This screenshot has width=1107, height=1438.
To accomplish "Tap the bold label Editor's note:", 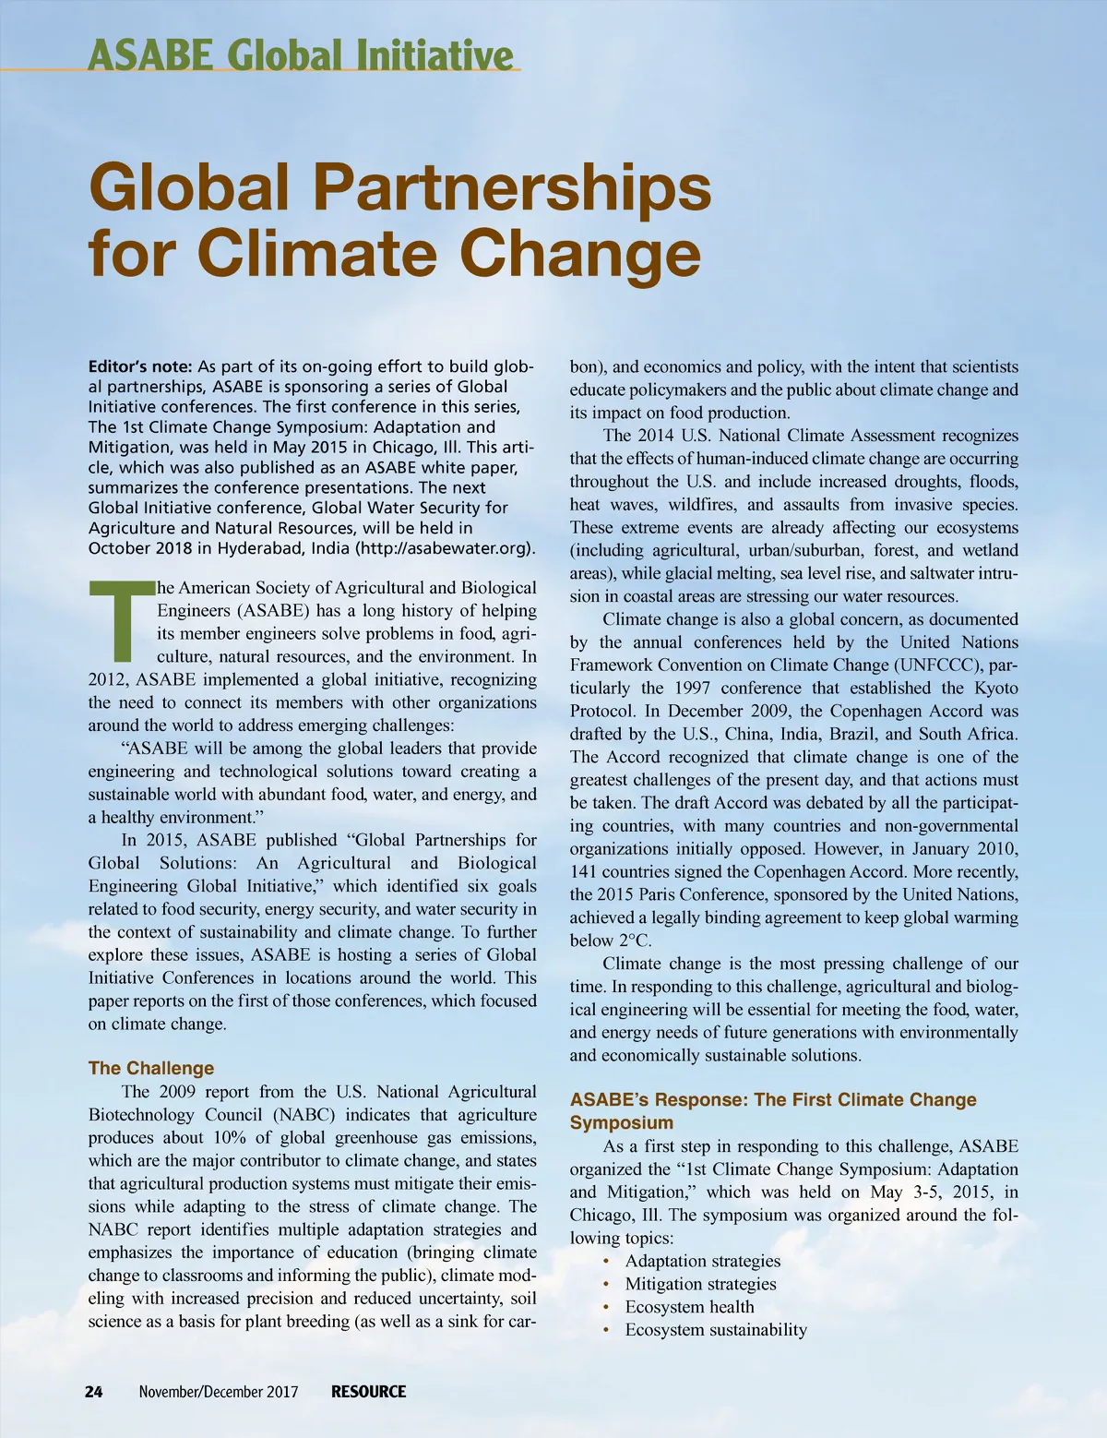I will pos(140,366).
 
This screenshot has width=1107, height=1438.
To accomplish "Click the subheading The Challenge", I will pos(151,1068).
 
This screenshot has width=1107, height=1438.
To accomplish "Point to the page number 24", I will pos(94,1392).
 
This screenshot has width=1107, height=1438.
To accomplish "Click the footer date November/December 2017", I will pos(219,1392).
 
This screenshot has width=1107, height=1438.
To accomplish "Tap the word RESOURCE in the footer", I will pos(369,1392).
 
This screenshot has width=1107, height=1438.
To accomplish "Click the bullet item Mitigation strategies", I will pos(700,1284).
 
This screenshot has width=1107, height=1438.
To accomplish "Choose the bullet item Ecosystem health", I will pos(689,1307).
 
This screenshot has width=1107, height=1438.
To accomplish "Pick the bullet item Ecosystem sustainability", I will pos(716,1330).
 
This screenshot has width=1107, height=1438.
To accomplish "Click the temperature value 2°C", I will pos(634,941).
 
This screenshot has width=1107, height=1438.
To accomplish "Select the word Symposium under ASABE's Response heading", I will pos(621,1123).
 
